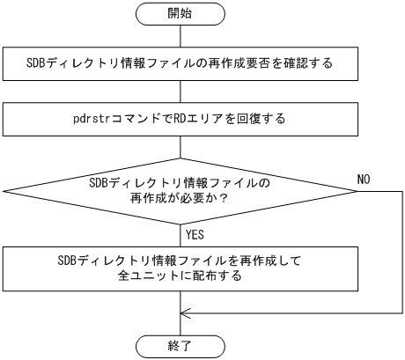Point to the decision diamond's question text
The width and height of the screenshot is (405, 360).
coord(180,191)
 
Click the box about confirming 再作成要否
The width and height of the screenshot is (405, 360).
coord(180,63)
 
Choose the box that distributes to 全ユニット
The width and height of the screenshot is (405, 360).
coord(180,268)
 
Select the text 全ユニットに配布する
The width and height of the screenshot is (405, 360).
coord(180,276)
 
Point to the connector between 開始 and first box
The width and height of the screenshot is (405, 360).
coord(180,34)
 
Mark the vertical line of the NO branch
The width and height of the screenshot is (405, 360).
coord(400,255)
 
